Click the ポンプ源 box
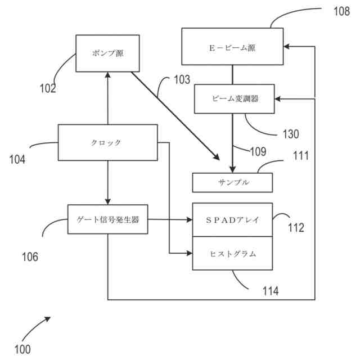click(107, 53)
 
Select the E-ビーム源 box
click(232, 47)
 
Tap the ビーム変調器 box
click(235, 99)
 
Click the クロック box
click(107, 142)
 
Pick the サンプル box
click(232, 182)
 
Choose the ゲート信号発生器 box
click(107, 219)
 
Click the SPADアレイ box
click(232, 220)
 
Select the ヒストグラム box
click(232, 253)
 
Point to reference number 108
click(341, 11)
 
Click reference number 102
click(48, 88)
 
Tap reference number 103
click(182, 80)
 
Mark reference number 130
click(291, 134)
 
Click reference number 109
click(258, 151)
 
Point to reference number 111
click(301, 156)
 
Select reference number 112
click(296, 227)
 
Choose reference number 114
click(271, 291)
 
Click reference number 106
click(30, 256)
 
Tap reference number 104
click(17, 159)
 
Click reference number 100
click(22, 349)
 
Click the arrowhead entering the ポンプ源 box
click(107, 75)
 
